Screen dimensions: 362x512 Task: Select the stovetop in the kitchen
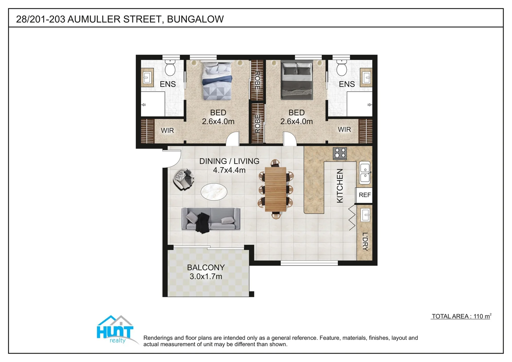(340, 153)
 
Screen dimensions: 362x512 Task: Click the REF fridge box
(364, 195)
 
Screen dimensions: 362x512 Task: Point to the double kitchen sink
(365, 172)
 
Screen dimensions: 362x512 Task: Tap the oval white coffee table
(214, 192)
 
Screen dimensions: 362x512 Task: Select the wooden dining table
(275, 189)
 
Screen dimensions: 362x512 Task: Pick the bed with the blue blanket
(217, 81)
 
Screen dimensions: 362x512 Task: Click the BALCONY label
(206, 267)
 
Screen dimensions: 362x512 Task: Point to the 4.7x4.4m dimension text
(229, 170)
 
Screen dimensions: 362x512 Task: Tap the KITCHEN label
(340, 186)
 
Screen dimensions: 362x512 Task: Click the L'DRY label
(365, 241)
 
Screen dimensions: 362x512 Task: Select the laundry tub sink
(365, 215)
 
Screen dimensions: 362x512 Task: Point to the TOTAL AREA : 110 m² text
(461, 316)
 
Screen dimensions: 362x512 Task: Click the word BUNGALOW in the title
(195, 19)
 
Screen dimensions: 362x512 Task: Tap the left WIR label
(167, 130)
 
